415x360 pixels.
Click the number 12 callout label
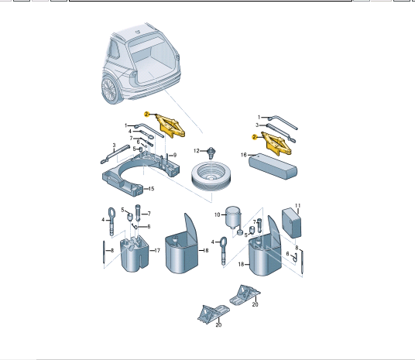[197, 151]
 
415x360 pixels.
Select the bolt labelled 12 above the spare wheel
[211, 153]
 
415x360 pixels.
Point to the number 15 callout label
[151, 189]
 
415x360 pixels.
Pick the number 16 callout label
[243, 155]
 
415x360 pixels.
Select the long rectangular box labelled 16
[273, 166]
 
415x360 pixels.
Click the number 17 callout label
[157, 250]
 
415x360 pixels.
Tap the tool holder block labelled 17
[135, 254]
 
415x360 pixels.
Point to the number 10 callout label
[217, 214]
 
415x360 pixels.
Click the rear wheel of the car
[110, 90]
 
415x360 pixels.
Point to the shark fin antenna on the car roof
[137, 32]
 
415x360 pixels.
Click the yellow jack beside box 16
[276, 144]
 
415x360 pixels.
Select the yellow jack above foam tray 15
[170, 125]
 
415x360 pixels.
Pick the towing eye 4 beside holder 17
[111, 221]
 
